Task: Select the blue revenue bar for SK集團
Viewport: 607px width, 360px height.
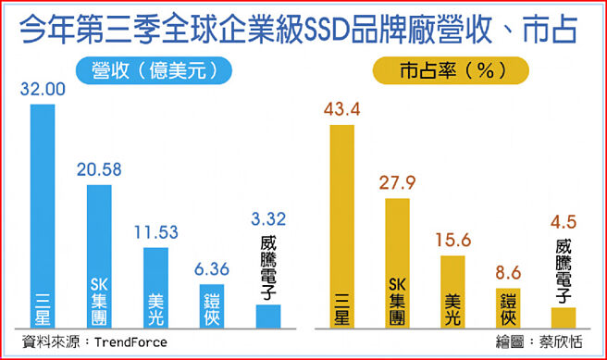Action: [x=99, y=250]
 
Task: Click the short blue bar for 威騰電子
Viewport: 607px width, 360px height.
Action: [x=268, y=316]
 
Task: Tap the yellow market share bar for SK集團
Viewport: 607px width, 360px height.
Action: [x=398, y=259]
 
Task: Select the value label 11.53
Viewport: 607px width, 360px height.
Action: [x=155, y=233]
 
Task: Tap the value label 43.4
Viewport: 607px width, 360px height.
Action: [x=341, y=111]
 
